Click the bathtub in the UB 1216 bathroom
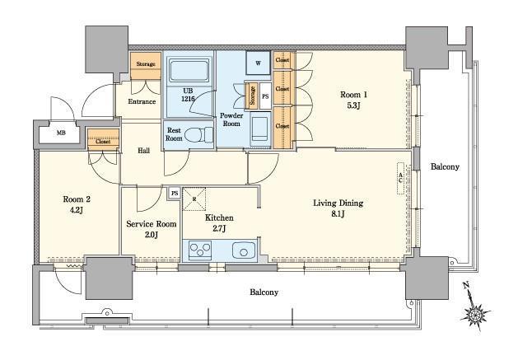tap(189, 70)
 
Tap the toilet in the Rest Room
tap(198, 135)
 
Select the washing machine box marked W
tap(258, 63)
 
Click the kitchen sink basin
tap(244, 250)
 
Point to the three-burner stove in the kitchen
tap(200, 250)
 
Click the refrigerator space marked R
tap(194, 199)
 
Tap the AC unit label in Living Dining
tap(401, 178)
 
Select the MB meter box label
tap(61, 133)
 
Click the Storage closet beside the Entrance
tap(146, 65)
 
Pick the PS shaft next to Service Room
tap(175, 193)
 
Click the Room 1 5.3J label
tap(353, 100)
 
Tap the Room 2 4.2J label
tap(77, 204)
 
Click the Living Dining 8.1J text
tap(338, 208)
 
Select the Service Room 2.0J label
tap(152, 229)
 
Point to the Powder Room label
tap(231, 119)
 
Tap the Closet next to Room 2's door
tap(103, 139)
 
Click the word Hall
tap(143, 151)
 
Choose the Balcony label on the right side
tap(445, 167)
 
